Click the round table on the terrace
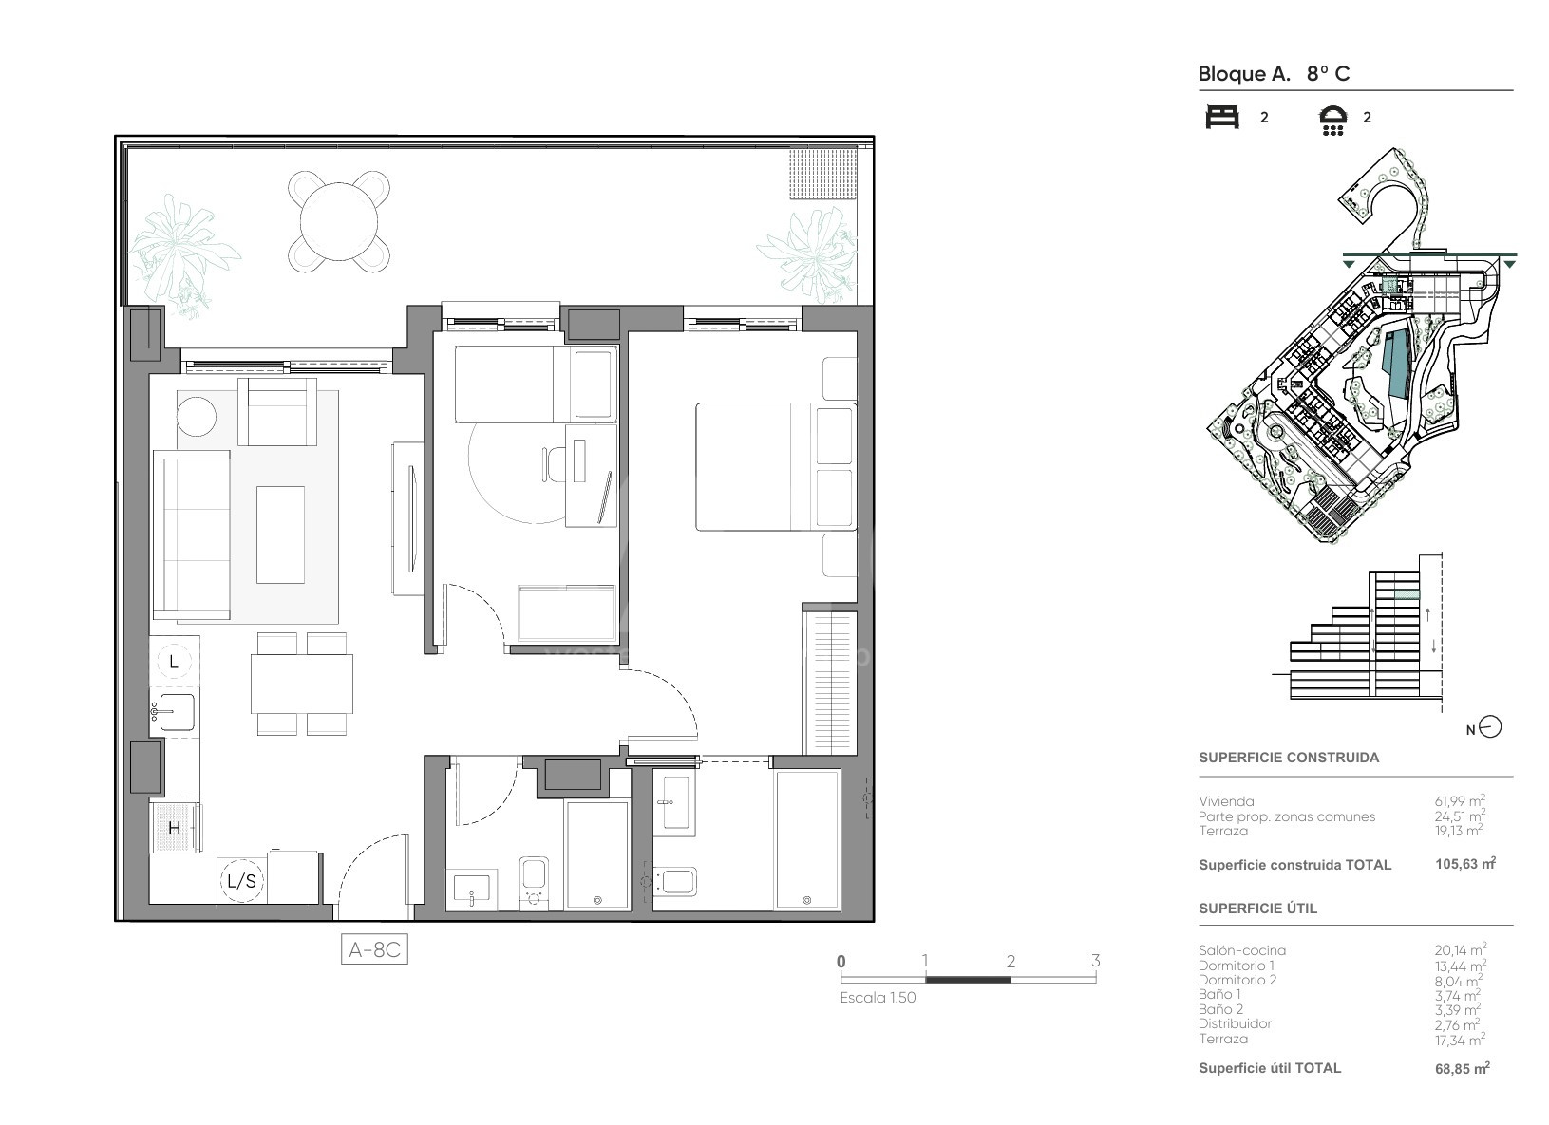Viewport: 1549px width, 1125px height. pyautogui.click(x=339, y=222)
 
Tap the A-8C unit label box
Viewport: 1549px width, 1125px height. pyautogui.click(x=374, y=948)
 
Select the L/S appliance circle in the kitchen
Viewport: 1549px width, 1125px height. pyautogui.click(x=242, y=880)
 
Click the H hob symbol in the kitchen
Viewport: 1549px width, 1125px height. pyautogui.click(x=174, y=827)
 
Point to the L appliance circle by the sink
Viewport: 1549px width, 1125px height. pyautogui.click(x=174, y=661)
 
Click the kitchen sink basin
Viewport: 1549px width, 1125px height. pyautogui.click(x=177, y=712)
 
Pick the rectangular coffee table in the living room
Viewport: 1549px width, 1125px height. pyautogui.click(x=280, y=534)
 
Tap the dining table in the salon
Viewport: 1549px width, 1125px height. pyautogui.click(x=301, y=684)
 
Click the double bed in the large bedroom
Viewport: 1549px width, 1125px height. pyautogui.click(x=776, y=467)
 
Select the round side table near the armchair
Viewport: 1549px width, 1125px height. pyautogui.click(x=197, y=416)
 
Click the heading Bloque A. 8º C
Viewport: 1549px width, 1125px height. pyautogui.click(x=1274, y=73)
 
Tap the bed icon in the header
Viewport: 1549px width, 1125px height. pyautogui.click(x=1222, y=117)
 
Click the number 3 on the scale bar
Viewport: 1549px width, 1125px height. pyautogui.click(x=1095, y=961)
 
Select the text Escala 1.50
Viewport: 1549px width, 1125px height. pyautogui.click(x=878, y=998)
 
